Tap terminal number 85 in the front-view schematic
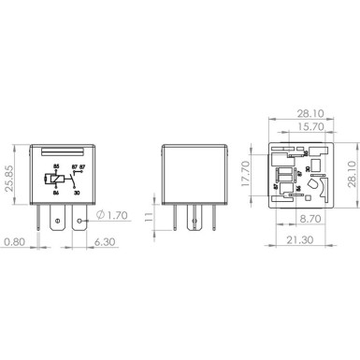56,166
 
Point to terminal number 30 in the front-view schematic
76,193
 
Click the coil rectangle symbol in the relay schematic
55,180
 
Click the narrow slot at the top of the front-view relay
63,149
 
